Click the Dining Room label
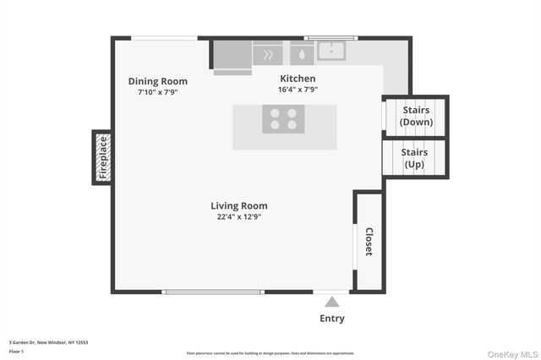pos(158,81)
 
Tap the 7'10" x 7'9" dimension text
pos(158,92)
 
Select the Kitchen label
pos(298,78)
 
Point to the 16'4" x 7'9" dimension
pos(298,89)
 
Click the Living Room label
pos(239,205)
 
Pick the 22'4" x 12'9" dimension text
pos(239,216)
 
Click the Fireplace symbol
pos(102,157)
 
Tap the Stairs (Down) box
pos(415,116)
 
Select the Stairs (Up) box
pos(414,158)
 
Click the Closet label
pos(369,242)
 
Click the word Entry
pos(332,319)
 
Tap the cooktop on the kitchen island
pos(283,119)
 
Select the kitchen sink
pos(332,52)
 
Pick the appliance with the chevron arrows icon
pos(268,54)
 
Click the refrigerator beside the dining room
pos(231,56)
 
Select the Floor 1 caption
pos(16,351)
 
